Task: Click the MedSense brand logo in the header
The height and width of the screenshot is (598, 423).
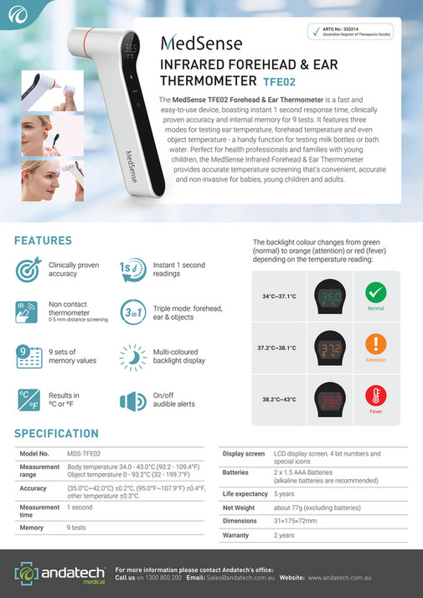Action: pos(201,42)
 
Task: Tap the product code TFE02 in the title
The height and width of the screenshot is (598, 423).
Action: pos(281,82)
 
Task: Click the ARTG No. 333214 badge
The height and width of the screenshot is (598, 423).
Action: pos(349,34)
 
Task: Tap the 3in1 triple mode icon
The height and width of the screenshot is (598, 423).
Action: pos(132,309)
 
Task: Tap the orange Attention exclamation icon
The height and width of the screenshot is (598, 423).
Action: pos(374,345)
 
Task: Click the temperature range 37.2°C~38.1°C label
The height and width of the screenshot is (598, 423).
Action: pos(279,347)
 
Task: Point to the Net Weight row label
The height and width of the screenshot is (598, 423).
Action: pos(239,507)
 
